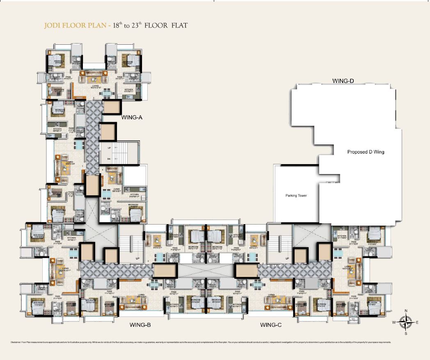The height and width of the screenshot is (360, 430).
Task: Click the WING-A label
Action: pos(132,117)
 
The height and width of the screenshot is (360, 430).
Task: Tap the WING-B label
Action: pos(140,325)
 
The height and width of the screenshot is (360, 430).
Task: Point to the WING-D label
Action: pos(343,81)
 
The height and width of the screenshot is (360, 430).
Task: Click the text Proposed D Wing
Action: pos(366,152)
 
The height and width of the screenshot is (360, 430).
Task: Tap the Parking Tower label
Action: pos(296,195)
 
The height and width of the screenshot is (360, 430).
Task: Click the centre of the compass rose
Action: pos(406,322)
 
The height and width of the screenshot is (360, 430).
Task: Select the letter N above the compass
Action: pos(406,311)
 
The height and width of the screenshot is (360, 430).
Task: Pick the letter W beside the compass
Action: pos(394,323)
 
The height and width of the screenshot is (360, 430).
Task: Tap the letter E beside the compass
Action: pos(417,323)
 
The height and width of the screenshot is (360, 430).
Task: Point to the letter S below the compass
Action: pos(406,334)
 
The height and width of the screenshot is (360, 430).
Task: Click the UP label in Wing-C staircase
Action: pos(287,259)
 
